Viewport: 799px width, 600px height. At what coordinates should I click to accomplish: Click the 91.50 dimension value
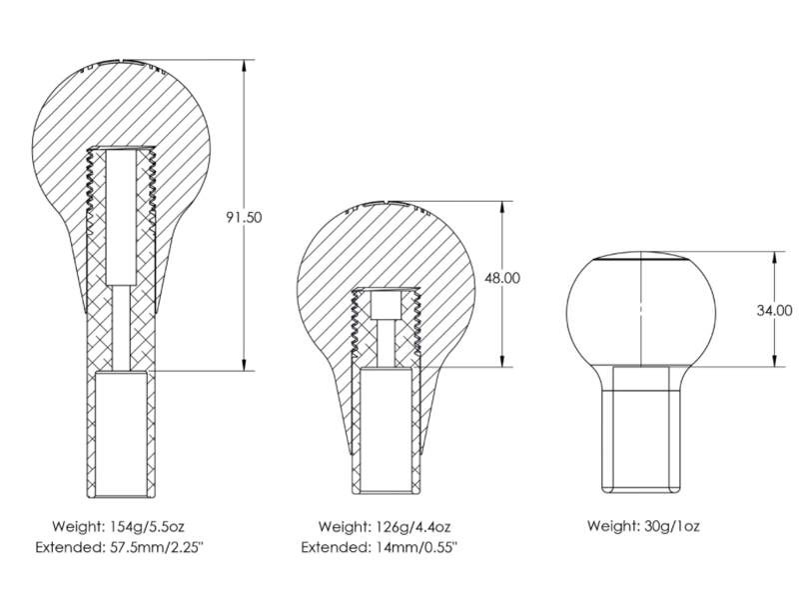click(245, 216)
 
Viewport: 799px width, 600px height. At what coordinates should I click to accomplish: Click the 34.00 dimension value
click(775, 310)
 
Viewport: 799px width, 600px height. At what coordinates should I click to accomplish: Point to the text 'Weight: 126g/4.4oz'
click(385, 526)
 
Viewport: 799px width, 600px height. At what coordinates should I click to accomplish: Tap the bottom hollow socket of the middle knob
click(383, 430)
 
